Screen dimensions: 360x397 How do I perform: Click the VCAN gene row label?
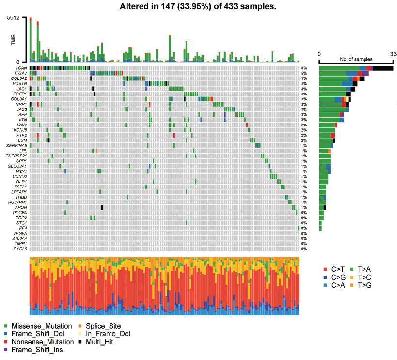tap(20, 68)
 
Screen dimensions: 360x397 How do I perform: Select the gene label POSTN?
tap(20, 84)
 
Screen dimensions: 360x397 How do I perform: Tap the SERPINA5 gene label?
tap(16, 145)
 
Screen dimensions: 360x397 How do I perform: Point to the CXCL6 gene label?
tap(20, 249)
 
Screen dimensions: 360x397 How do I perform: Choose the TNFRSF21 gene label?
tap(16, 156)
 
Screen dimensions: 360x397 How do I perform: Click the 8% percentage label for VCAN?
tap(304, 68)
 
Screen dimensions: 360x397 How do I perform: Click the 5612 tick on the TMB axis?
tap(13, 18)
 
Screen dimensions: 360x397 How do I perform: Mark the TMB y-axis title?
tap(14, 40)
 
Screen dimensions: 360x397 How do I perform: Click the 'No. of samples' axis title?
tap(356, 59)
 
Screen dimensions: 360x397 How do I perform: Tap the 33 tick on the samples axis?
tap(393, 53)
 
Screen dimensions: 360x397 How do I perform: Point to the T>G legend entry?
tap(363, 285)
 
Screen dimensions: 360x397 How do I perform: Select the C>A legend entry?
tap(336, 285)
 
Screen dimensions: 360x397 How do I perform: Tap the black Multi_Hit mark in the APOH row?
tap(102, 207)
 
